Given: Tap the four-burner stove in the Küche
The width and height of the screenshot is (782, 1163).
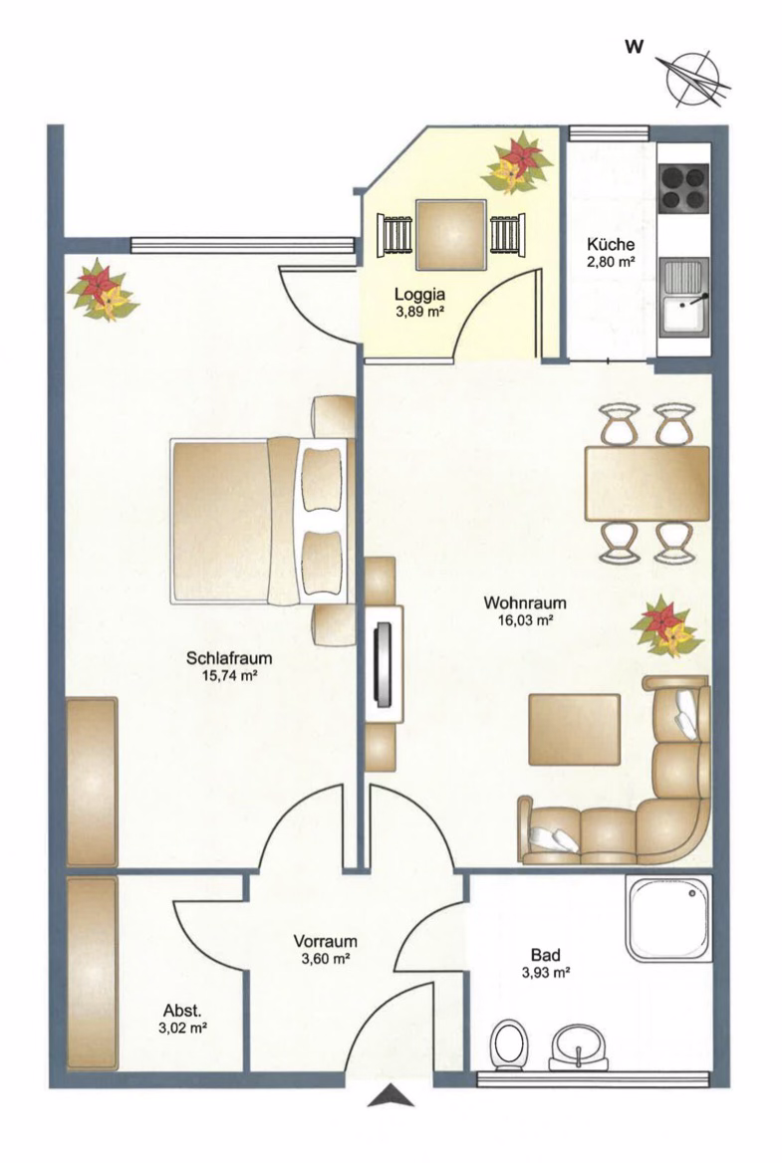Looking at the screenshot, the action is pos(683,187).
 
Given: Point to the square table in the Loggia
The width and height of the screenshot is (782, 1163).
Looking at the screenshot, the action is pos(452,235).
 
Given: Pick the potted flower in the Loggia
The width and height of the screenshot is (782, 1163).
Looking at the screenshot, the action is pos(516,163).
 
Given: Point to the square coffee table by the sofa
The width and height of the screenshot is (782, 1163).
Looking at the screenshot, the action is pos(574,729).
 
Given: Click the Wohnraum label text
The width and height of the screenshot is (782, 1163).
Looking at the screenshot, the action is pos(525,602).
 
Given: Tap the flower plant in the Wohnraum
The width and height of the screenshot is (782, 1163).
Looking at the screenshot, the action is pos(666,626).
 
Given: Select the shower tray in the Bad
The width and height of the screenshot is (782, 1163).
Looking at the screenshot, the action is pos(667,918).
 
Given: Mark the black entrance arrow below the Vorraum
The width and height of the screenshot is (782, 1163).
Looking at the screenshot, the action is pos(391,1095).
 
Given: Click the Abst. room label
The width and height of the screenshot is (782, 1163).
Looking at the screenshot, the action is pos(182,1011).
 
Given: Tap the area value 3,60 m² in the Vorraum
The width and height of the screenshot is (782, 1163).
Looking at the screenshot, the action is pos(325,958).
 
